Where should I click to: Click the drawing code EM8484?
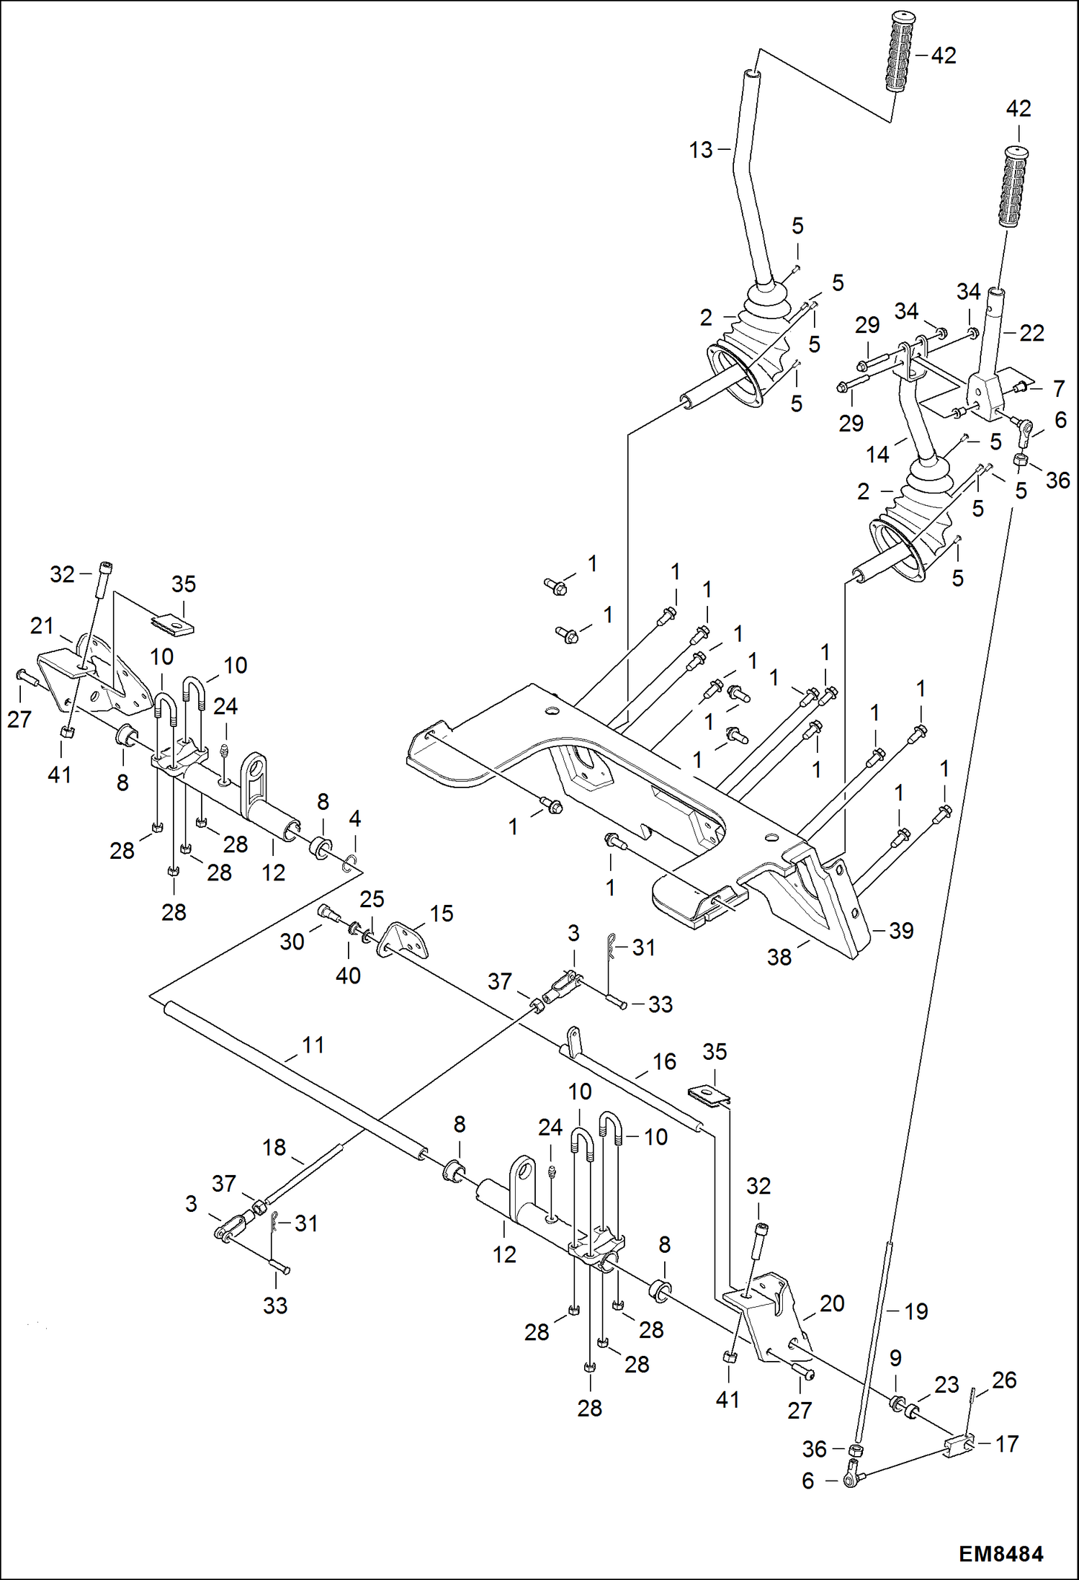(1000, 1554)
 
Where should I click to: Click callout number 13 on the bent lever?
(700, 150)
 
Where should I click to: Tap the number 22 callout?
(1031, 333)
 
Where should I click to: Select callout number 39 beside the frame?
(901, 930)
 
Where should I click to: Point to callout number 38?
(779, 957)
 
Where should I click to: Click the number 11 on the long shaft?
(313, 1045)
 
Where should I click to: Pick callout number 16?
(664, 1061)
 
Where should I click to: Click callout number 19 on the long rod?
(915, 1311)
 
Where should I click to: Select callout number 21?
(42, 625)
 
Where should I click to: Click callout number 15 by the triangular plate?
(442, 914)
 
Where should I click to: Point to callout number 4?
(354, 818)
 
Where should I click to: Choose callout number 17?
(1006, 1443)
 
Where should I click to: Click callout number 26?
(1003, 1380)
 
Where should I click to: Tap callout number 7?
(1058, 388)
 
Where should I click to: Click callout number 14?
(877, 455)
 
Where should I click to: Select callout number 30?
(292, 941)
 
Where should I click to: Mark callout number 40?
(348, 976)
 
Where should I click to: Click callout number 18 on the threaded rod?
(274, 1147)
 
